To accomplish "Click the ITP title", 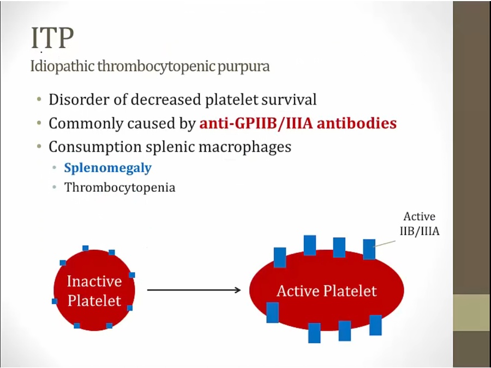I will point(52,39).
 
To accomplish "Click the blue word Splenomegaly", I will point(107,167).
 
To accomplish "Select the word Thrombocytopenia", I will point(119,188).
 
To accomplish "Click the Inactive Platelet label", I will point(94,291).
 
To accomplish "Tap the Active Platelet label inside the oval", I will point(326,291).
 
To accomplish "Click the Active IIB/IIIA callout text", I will point(420,224).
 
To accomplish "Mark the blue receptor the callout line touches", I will point(369,249).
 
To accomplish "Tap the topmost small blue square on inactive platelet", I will point(85,248).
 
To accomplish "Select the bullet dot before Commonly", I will point(39,124).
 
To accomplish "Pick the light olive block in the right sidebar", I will point(471,312).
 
